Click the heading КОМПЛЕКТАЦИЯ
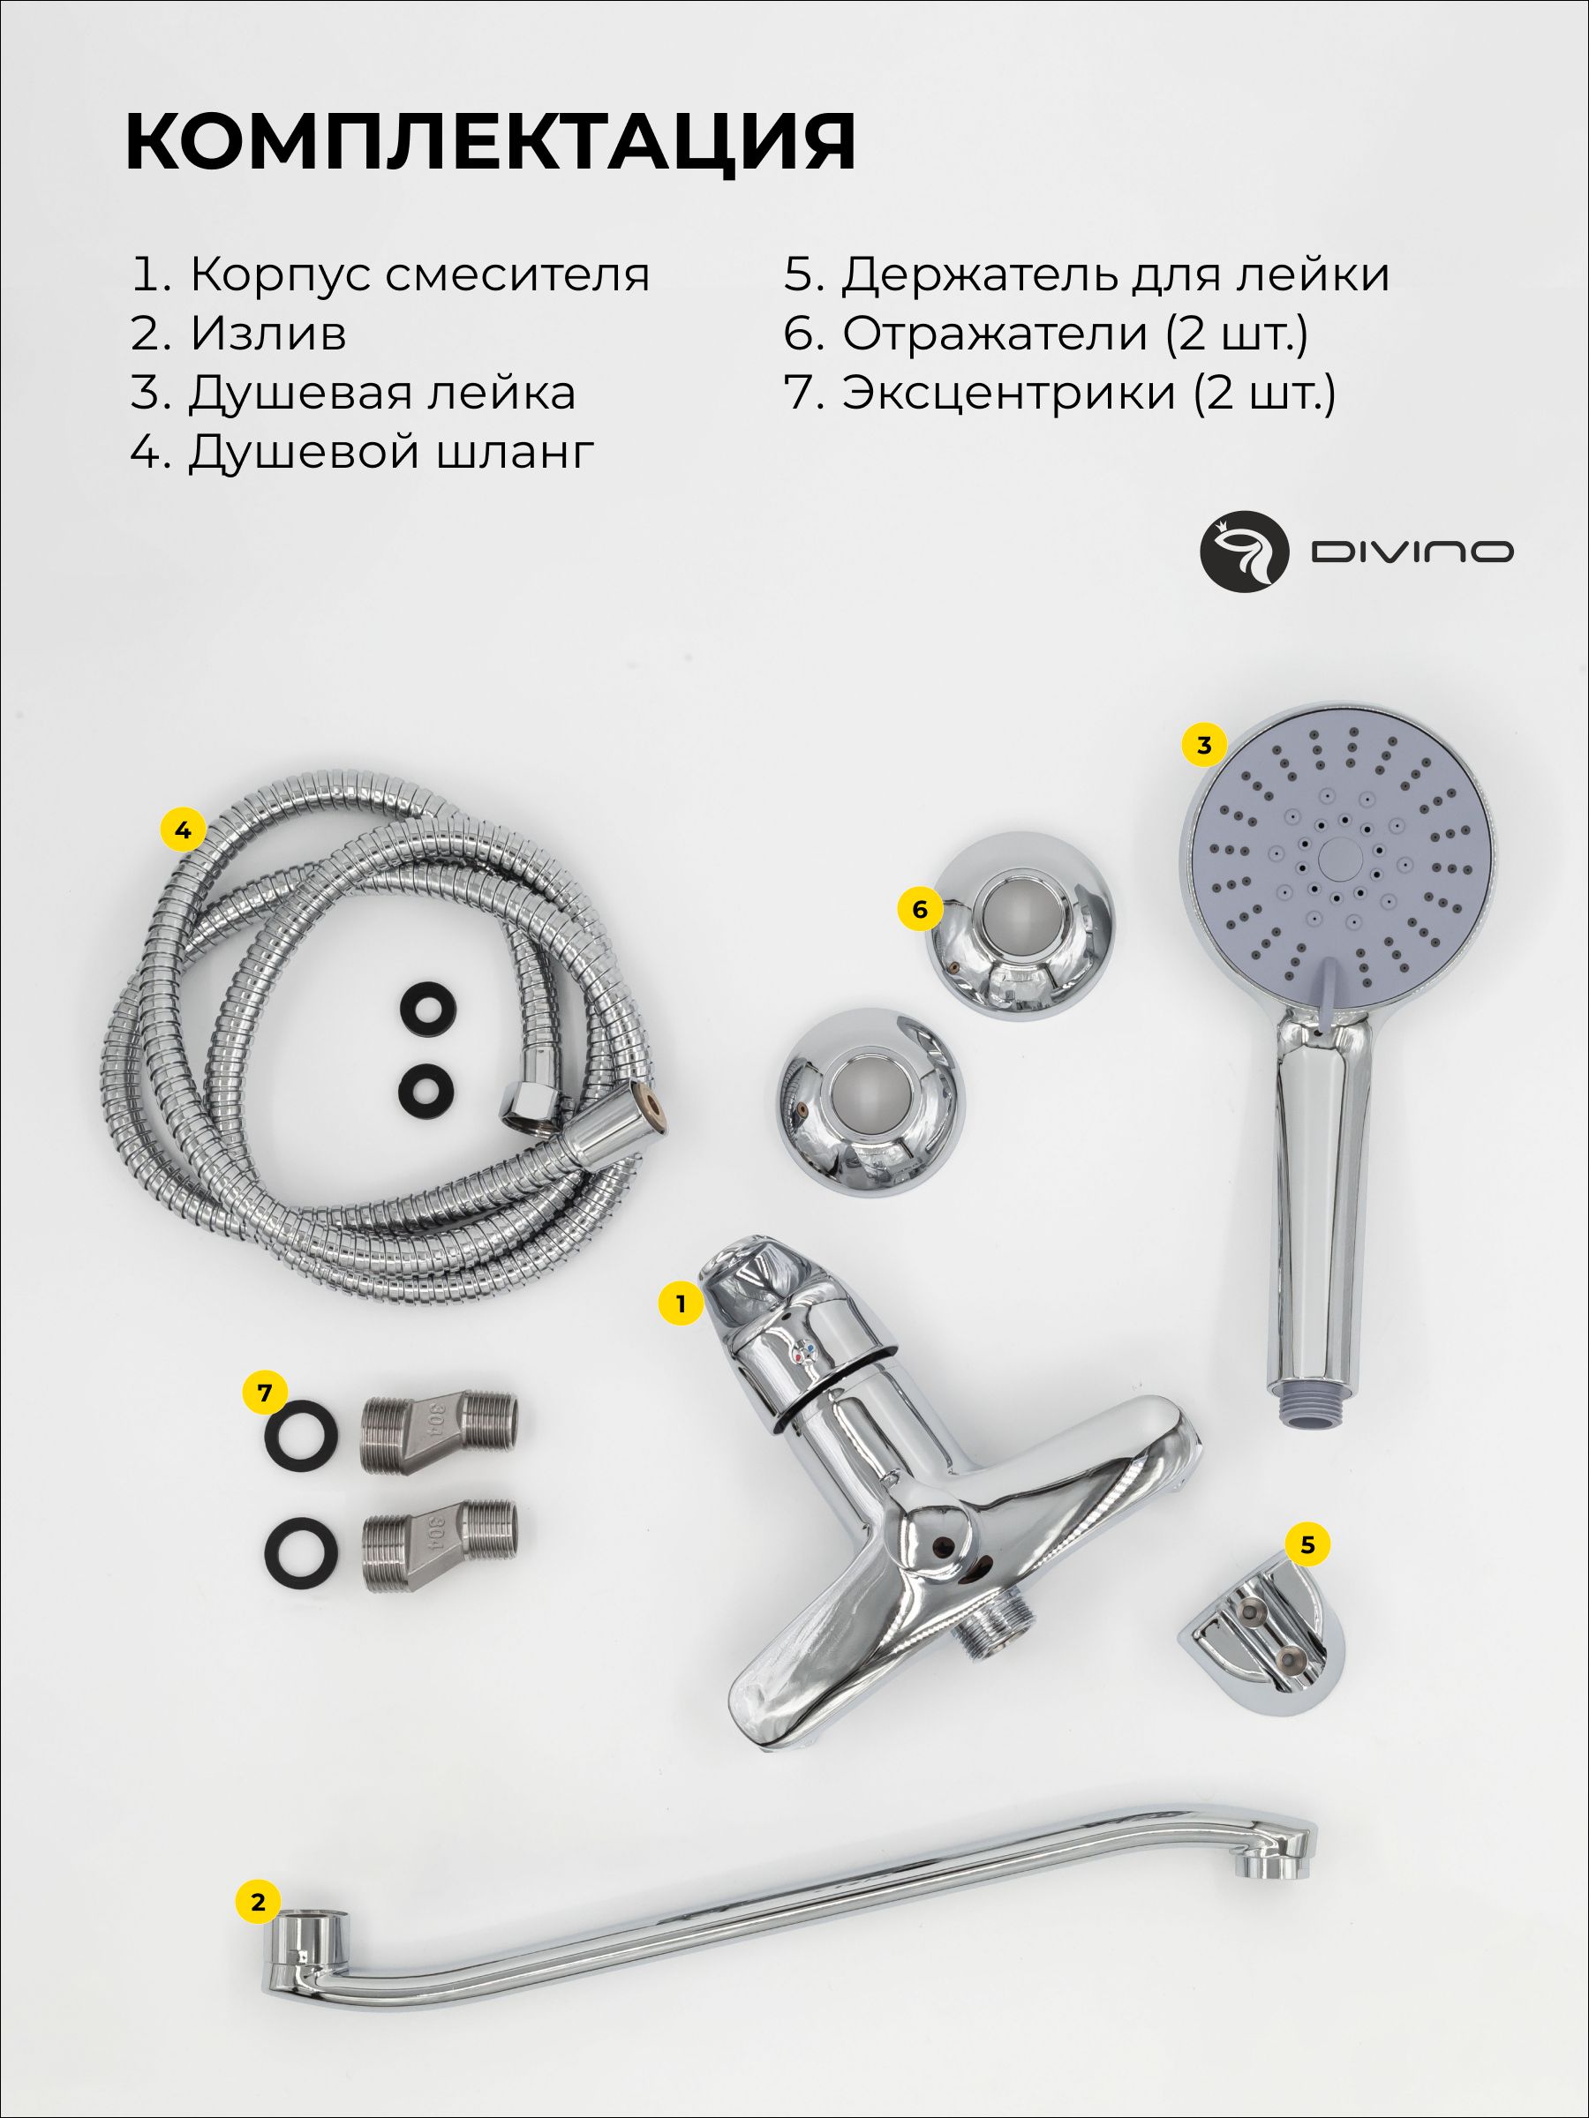[x=491, y=142]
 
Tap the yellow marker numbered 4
[x=183, y=830]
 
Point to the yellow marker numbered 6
[x=920, y=909]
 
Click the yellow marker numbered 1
[x=681, y=1303]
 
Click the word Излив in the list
[x=268, y=334]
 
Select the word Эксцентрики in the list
[x=1008, y=394]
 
